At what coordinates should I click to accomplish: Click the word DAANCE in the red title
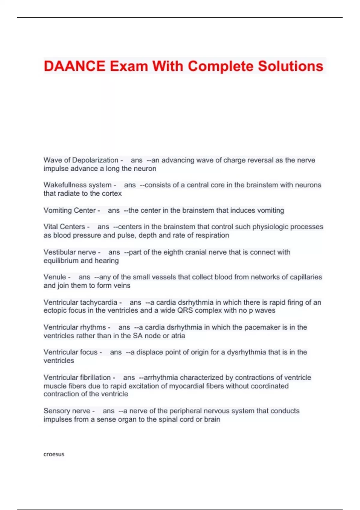(x=74, y=66)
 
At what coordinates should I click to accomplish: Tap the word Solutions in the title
(x=290, y=66)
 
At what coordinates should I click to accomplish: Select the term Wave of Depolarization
(x=81, y=160)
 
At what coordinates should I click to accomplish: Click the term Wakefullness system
(x=77, y=185)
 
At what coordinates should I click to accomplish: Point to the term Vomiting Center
(x=70, y=210)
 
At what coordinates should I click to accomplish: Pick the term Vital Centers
(x=64, y=227)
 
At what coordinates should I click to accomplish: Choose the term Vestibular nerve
(x=70, y=252)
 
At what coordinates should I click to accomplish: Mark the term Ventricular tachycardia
(x=80, y=302)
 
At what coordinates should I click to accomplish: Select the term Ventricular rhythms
(x=75, y=327)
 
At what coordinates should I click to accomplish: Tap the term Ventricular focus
(x=70, y=352)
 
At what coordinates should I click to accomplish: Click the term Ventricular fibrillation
(x=77, y=377)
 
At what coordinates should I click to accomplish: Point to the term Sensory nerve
(x=67, y=411)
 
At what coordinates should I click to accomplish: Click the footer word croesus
(x=54, y=454)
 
